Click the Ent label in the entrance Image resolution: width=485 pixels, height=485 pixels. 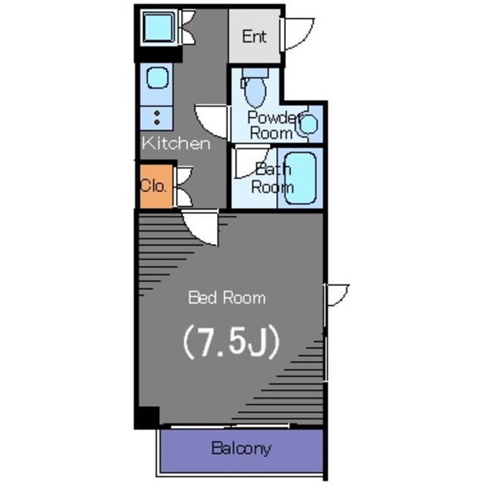point(254,36)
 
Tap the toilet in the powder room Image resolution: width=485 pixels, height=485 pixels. point(255,88)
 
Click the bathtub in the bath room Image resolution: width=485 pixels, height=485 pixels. point(300,178)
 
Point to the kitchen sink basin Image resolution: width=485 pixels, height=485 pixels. point(158,77)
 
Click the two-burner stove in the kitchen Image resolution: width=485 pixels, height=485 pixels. point(157,118)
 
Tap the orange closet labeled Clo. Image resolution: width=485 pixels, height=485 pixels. point(156,186)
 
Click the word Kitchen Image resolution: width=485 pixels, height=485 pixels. point(176,143)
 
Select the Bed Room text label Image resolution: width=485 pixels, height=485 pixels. point(227,298)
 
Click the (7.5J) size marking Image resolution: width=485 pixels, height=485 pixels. point(231,342)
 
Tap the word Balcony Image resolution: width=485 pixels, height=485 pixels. point(241,448)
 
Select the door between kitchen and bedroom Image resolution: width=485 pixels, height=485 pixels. point(200,227)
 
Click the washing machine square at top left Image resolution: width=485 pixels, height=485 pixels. point(158,27)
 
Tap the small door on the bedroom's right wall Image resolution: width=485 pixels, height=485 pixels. point(336,295)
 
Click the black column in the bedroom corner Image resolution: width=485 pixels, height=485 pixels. point(148,418)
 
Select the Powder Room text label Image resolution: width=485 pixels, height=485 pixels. point(273,125)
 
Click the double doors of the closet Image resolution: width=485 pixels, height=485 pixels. point(183,186)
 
